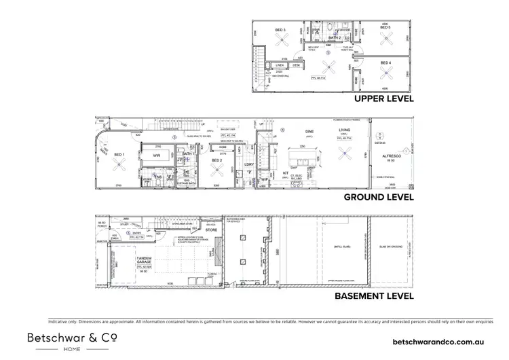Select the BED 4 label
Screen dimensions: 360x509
[x=385, y=63]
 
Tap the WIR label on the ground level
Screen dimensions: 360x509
[x=157, y=155]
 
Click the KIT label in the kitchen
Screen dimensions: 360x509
[x=286, y=173]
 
